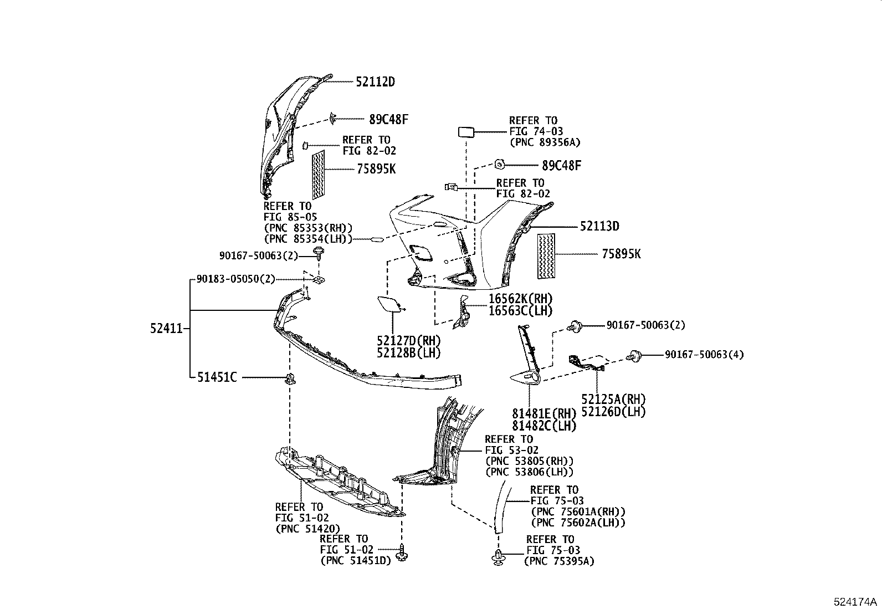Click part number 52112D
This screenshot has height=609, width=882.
tap(375, 82)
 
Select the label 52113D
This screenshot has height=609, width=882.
tap(599, 226)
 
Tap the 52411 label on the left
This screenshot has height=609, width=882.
tap(166, 329)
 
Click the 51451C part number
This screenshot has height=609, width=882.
tap(217, 377)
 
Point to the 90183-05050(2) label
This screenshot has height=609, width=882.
tap(236, 279)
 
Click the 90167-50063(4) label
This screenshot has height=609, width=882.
tap(704, 355)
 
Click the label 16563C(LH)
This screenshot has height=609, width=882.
tap(520, 311)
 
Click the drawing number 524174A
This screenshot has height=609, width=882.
tap(855, 602)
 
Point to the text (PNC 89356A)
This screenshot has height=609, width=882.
tap(545, 142)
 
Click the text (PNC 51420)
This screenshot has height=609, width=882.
tap(308, 529)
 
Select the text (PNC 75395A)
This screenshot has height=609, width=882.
tap(559, 561)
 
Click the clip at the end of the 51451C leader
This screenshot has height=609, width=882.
tap(289, 379)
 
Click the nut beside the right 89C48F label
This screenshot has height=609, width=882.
tap(499, 164)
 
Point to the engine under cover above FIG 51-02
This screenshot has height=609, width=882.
tap(338, 482)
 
